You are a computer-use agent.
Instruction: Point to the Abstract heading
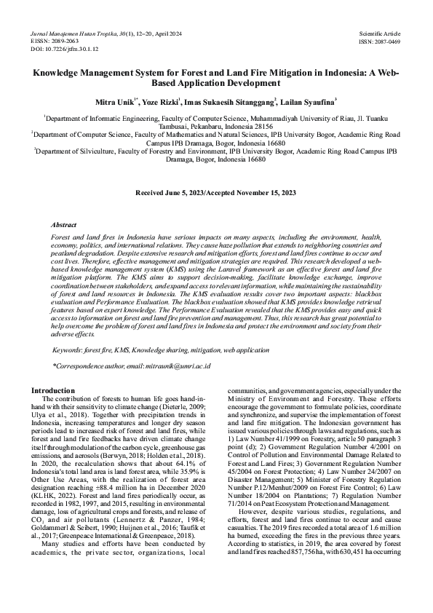coord(64,226)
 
